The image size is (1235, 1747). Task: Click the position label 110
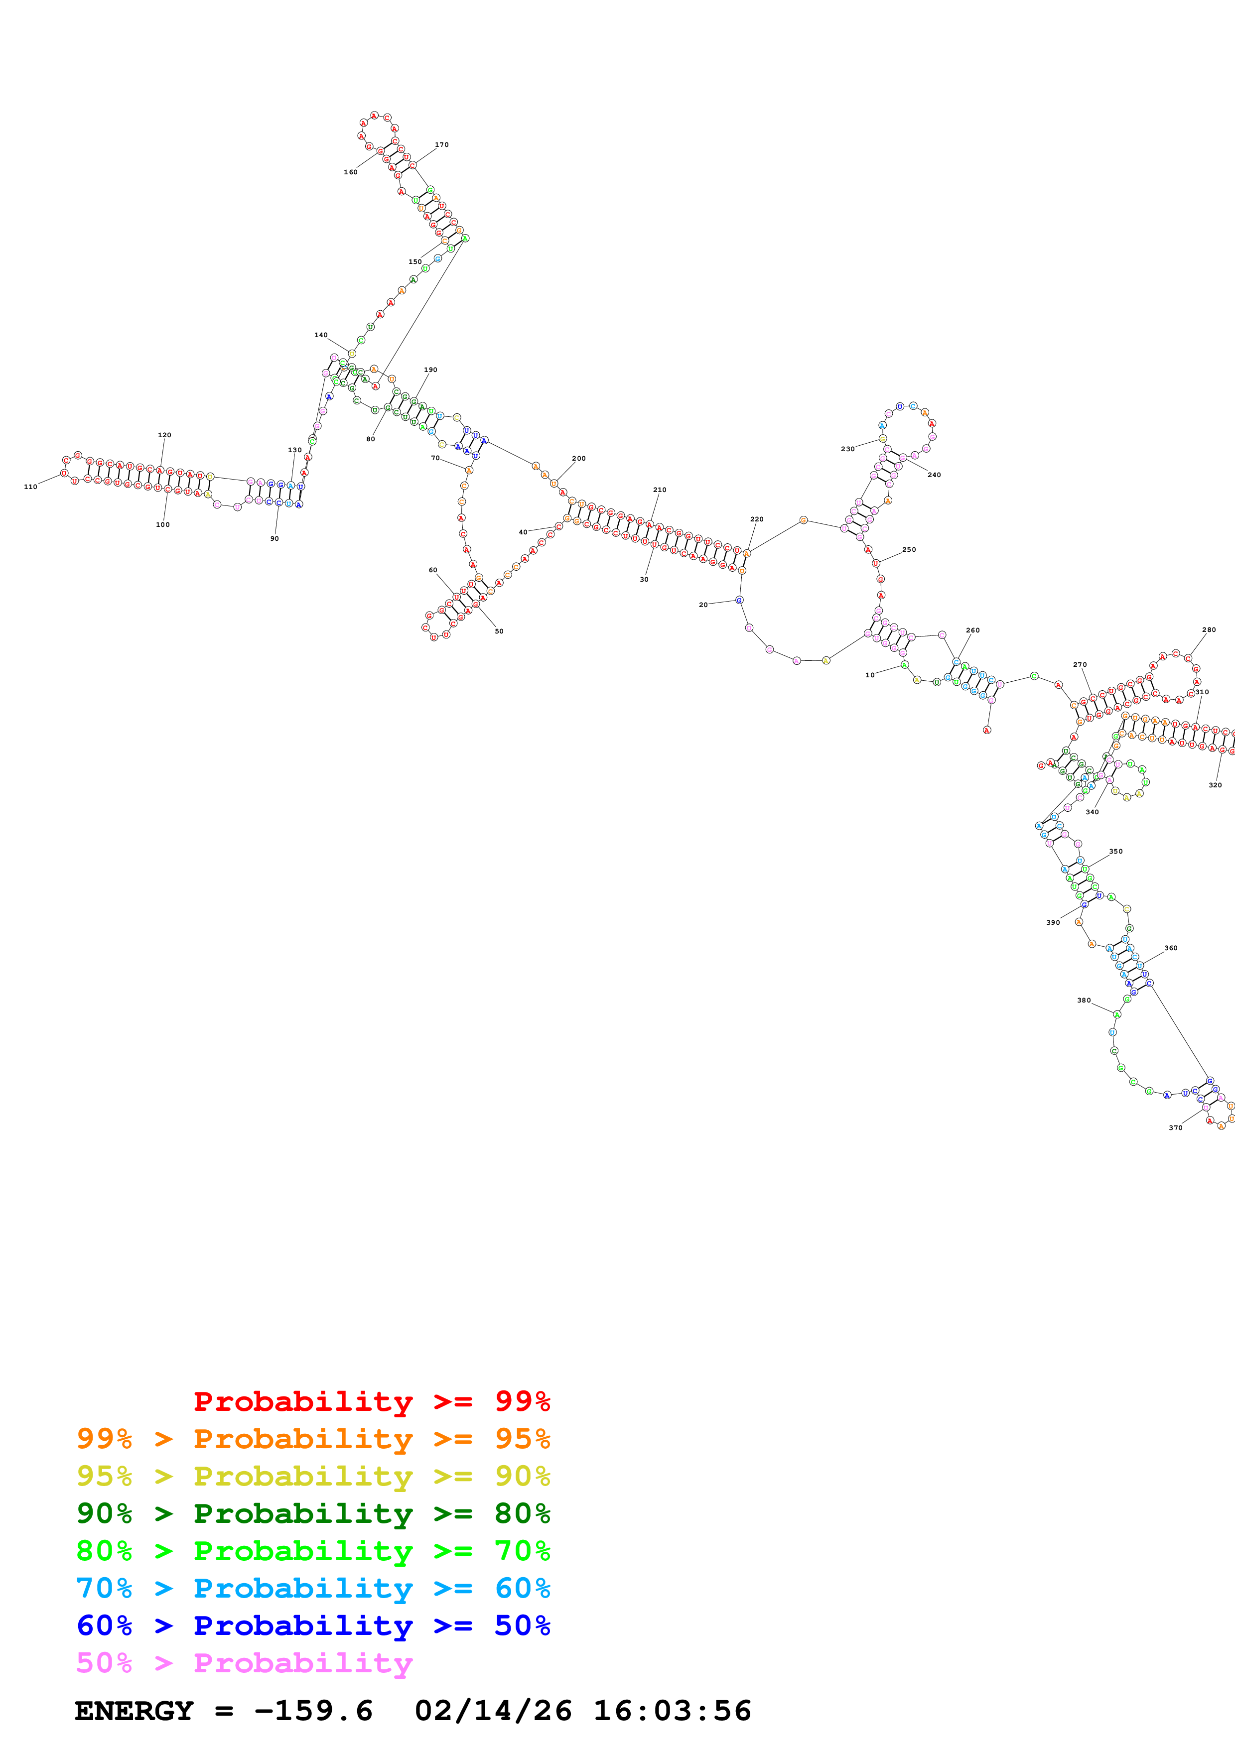30,487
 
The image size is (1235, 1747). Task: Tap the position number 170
441,144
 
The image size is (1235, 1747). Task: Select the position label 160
350,172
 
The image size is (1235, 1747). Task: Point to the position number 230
847,449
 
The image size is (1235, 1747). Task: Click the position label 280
1209,630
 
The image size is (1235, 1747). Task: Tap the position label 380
1084,1000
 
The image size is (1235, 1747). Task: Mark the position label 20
703,605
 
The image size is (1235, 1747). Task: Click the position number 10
870,675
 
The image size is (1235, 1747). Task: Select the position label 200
578,459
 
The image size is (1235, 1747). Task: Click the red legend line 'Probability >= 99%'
371,1401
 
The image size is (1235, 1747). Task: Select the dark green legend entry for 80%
313,1513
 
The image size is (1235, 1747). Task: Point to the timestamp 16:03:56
672,1711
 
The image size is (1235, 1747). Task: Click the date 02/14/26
493,1711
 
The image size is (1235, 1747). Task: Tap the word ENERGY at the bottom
134,1711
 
